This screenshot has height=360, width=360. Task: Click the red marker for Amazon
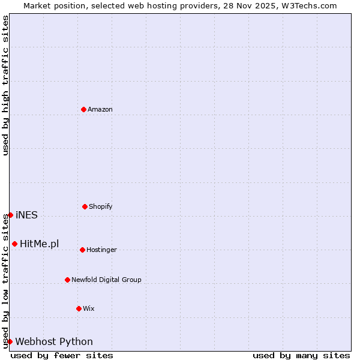coord(84,109)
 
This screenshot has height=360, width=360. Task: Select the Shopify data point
coord(85,206)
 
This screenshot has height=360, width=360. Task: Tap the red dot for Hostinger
coord(82,250)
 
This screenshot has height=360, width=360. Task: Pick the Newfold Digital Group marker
coord(67,280)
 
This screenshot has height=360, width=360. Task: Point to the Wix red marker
coord(79,308)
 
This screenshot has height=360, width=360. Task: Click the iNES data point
coord(10,215)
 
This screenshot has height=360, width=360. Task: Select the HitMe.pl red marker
coord(14,244)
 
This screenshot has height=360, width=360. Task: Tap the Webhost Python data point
coord(10,341)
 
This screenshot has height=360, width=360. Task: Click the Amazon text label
coord(100,109)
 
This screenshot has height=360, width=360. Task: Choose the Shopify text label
coord(101,206)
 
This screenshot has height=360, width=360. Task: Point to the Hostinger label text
coord(101,250)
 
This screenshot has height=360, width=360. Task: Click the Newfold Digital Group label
coord(106,280)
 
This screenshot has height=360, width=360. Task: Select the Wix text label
coord(89,308)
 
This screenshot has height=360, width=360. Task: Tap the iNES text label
coord(26,215)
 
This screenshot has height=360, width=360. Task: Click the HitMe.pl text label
coord(40,244)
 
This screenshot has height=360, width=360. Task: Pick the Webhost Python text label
coord(54,342)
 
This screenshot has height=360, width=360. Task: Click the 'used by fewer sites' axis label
coord(62,355)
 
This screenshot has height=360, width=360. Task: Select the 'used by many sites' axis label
coord(301,355)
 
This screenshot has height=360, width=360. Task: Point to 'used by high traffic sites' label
coord(5,85)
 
